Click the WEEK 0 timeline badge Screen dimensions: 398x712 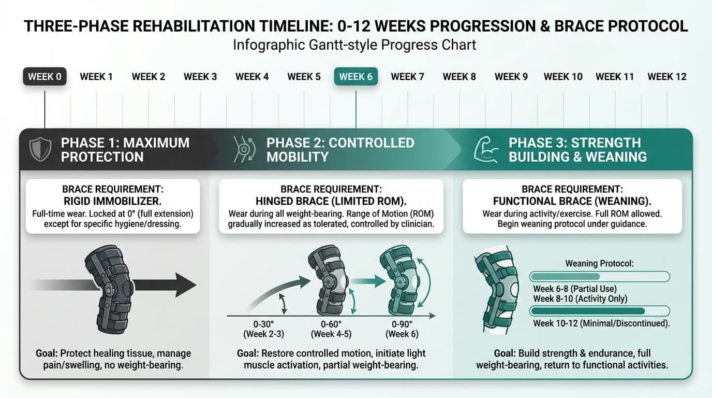pyautogui.click(x=44, y=77)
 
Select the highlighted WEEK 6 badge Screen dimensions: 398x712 pyautogui.click(x=355, y=77)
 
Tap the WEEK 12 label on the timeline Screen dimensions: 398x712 pyautogui.click(x=666, y=77)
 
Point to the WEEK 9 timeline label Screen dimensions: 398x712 pyautogui.click(x=511, y=77)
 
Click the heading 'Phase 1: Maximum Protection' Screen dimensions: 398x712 pyautogui.click(x=125, y=150)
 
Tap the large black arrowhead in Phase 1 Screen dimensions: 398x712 pyautogui.click(x=184, y=285)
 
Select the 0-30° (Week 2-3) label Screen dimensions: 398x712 pyautogui.click(x=263, y=329)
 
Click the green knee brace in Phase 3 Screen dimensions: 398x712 pyautogui.click(x=495, y=290)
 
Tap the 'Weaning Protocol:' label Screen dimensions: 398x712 pyautogui.click(x=599, y=263)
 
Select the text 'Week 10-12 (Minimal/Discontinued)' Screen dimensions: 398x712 pyautogui.click(x=601, y=323)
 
